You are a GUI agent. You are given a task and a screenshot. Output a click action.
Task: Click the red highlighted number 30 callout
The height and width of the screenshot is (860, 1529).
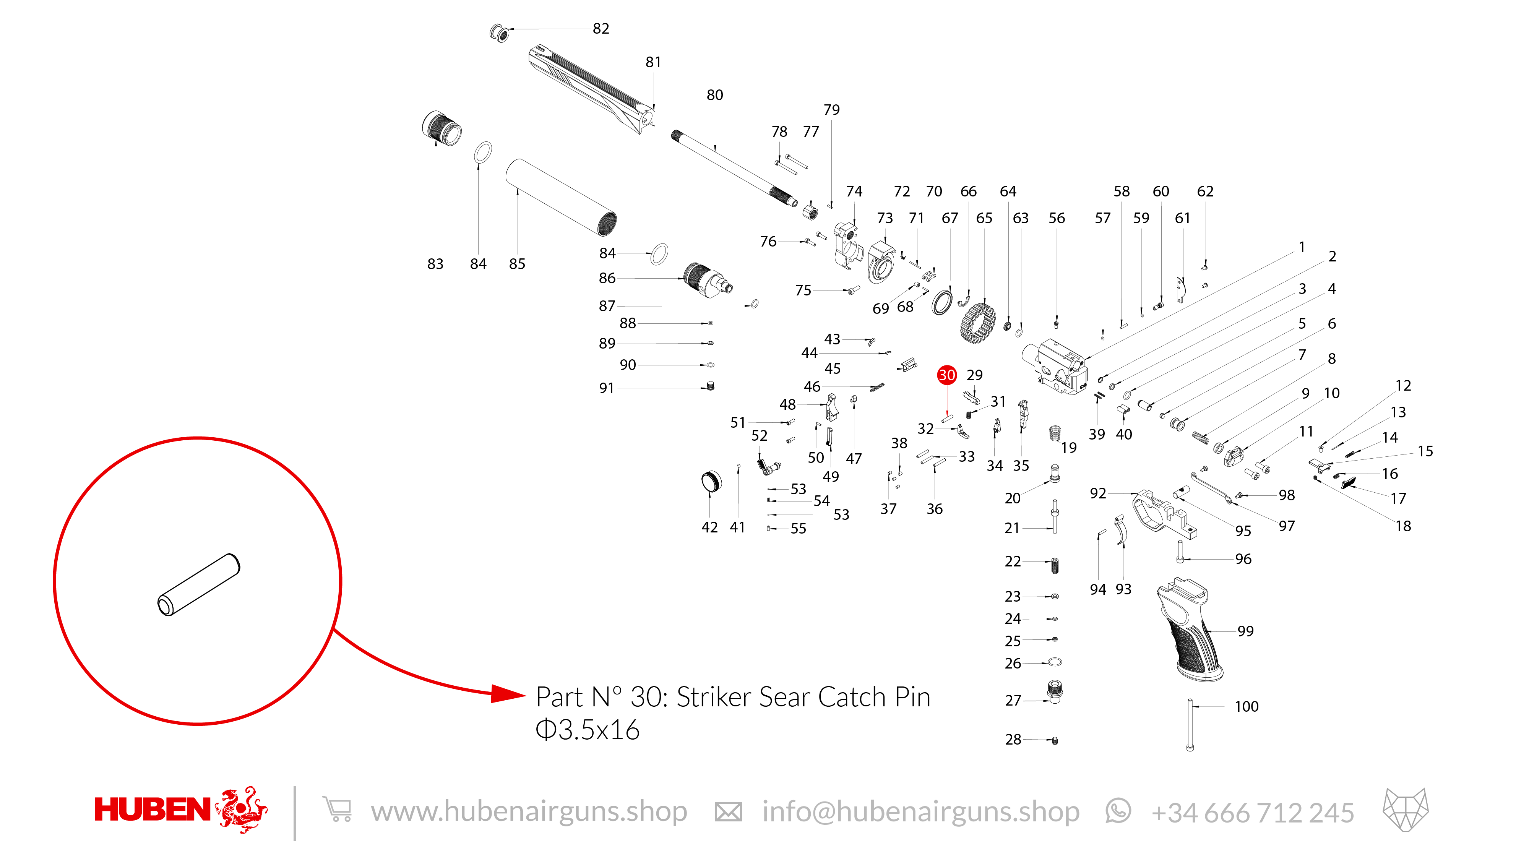pyautogui.click(x=947, y=375)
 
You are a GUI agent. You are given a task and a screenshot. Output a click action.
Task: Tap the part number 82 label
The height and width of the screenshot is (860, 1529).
pyautogui.click(x=601, y=29)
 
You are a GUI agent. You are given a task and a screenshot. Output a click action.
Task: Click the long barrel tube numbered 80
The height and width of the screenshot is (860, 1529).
pyautogui.click(x=734, y=169)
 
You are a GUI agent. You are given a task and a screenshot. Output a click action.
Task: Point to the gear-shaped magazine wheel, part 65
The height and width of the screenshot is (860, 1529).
pyautogui.click(x=977, y=323)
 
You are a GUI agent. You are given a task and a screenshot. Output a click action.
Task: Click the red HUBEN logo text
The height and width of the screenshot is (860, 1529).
pyautogui.click(x=153, y=810)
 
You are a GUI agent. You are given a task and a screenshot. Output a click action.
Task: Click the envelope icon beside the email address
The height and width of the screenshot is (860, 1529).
pyautogui.click(x=728, y=812)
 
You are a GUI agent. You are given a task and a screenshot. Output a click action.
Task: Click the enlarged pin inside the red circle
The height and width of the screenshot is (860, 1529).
pyautogui.click(x=199, y=585)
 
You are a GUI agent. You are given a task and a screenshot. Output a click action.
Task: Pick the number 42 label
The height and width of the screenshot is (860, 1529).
pyautogui.click(x=709, y=527)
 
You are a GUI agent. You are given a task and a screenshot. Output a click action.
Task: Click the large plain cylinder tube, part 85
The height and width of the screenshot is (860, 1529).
pyautogui.click(x=561, y=197)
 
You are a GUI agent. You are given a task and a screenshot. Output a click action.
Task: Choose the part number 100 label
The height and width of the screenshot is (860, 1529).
pyautogui.click(x=1247, y=706)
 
